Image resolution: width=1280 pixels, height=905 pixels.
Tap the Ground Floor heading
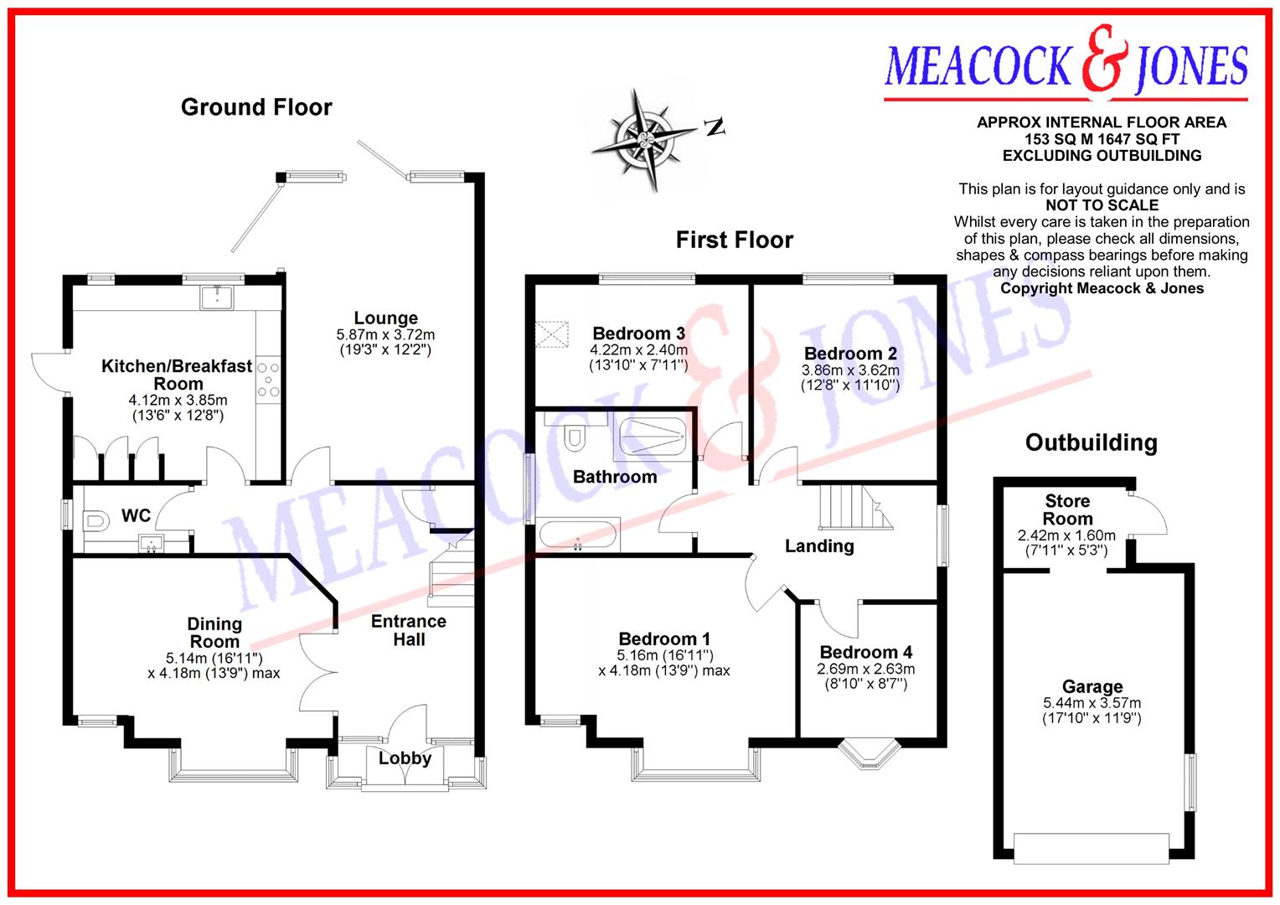pos(256,107)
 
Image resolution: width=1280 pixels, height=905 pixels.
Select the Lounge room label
pos(385,318)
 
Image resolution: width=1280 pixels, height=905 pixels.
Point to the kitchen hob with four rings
pos(269,380)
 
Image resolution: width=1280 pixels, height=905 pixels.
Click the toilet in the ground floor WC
pos(96,521)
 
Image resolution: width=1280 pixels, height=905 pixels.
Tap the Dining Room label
pos(214,633)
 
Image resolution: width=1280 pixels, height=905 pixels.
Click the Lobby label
pos(405,758)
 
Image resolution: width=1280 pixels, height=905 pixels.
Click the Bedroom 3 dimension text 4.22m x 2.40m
pos(638,350)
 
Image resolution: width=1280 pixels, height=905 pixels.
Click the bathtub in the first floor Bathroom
pos(578,535)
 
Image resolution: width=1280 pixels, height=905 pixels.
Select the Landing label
pos(819,546)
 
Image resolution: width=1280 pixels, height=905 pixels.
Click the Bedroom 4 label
pos(866,652)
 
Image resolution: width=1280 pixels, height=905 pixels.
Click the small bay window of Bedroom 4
pos(867,753)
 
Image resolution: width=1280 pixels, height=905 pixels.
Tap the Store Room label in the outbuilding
pos(1067,509)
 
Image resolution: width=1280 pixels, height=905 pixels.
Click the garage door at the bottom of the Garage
pos(1091,848)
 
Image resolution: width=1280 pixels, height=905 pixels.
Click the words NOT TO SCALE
pos(1102,205)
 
